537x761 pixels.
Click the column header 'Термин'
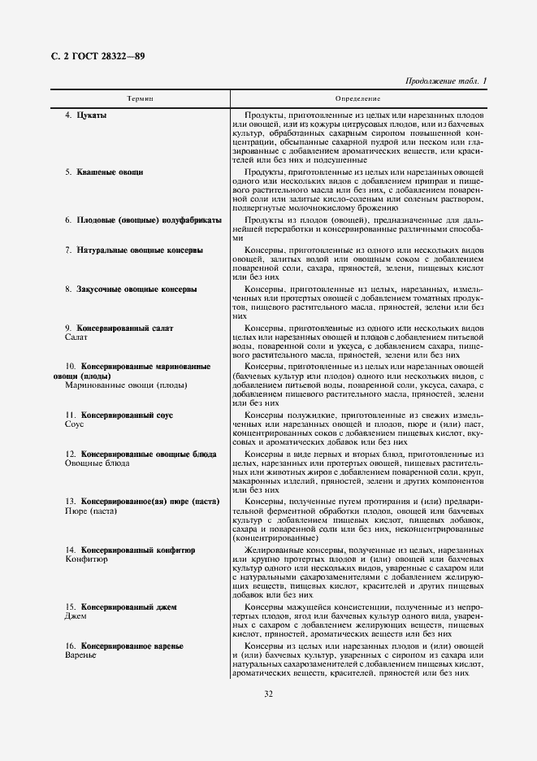tap(140, 98)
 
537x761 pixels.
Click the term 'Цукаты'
tap(92, 115)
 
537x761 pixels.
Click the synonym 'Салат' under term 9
tap(76, 337)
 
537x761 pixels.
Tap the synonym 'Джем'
tap(75, 616)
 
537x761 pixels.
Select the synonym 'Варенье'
tap(80, 655)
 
